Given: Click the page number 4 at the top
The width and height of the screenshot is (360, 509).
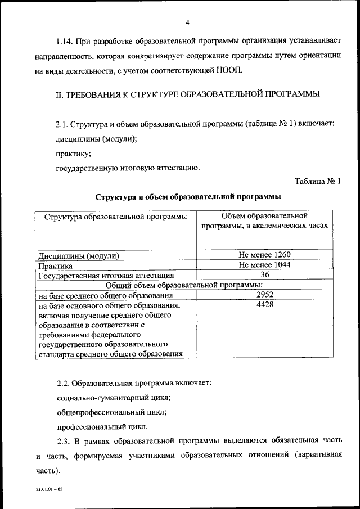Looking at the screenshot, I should click(187, 22).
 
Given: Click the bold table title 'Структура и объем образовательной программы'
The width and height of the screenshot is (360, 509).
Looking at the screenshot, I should click(188, 197).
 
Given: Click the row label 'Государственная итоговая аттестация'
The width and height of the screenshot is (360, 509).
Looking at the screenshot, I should click(106, 276).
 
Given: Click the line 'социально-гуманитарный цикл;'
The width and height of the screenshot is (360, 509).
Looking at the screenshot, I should click(114, 397).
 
